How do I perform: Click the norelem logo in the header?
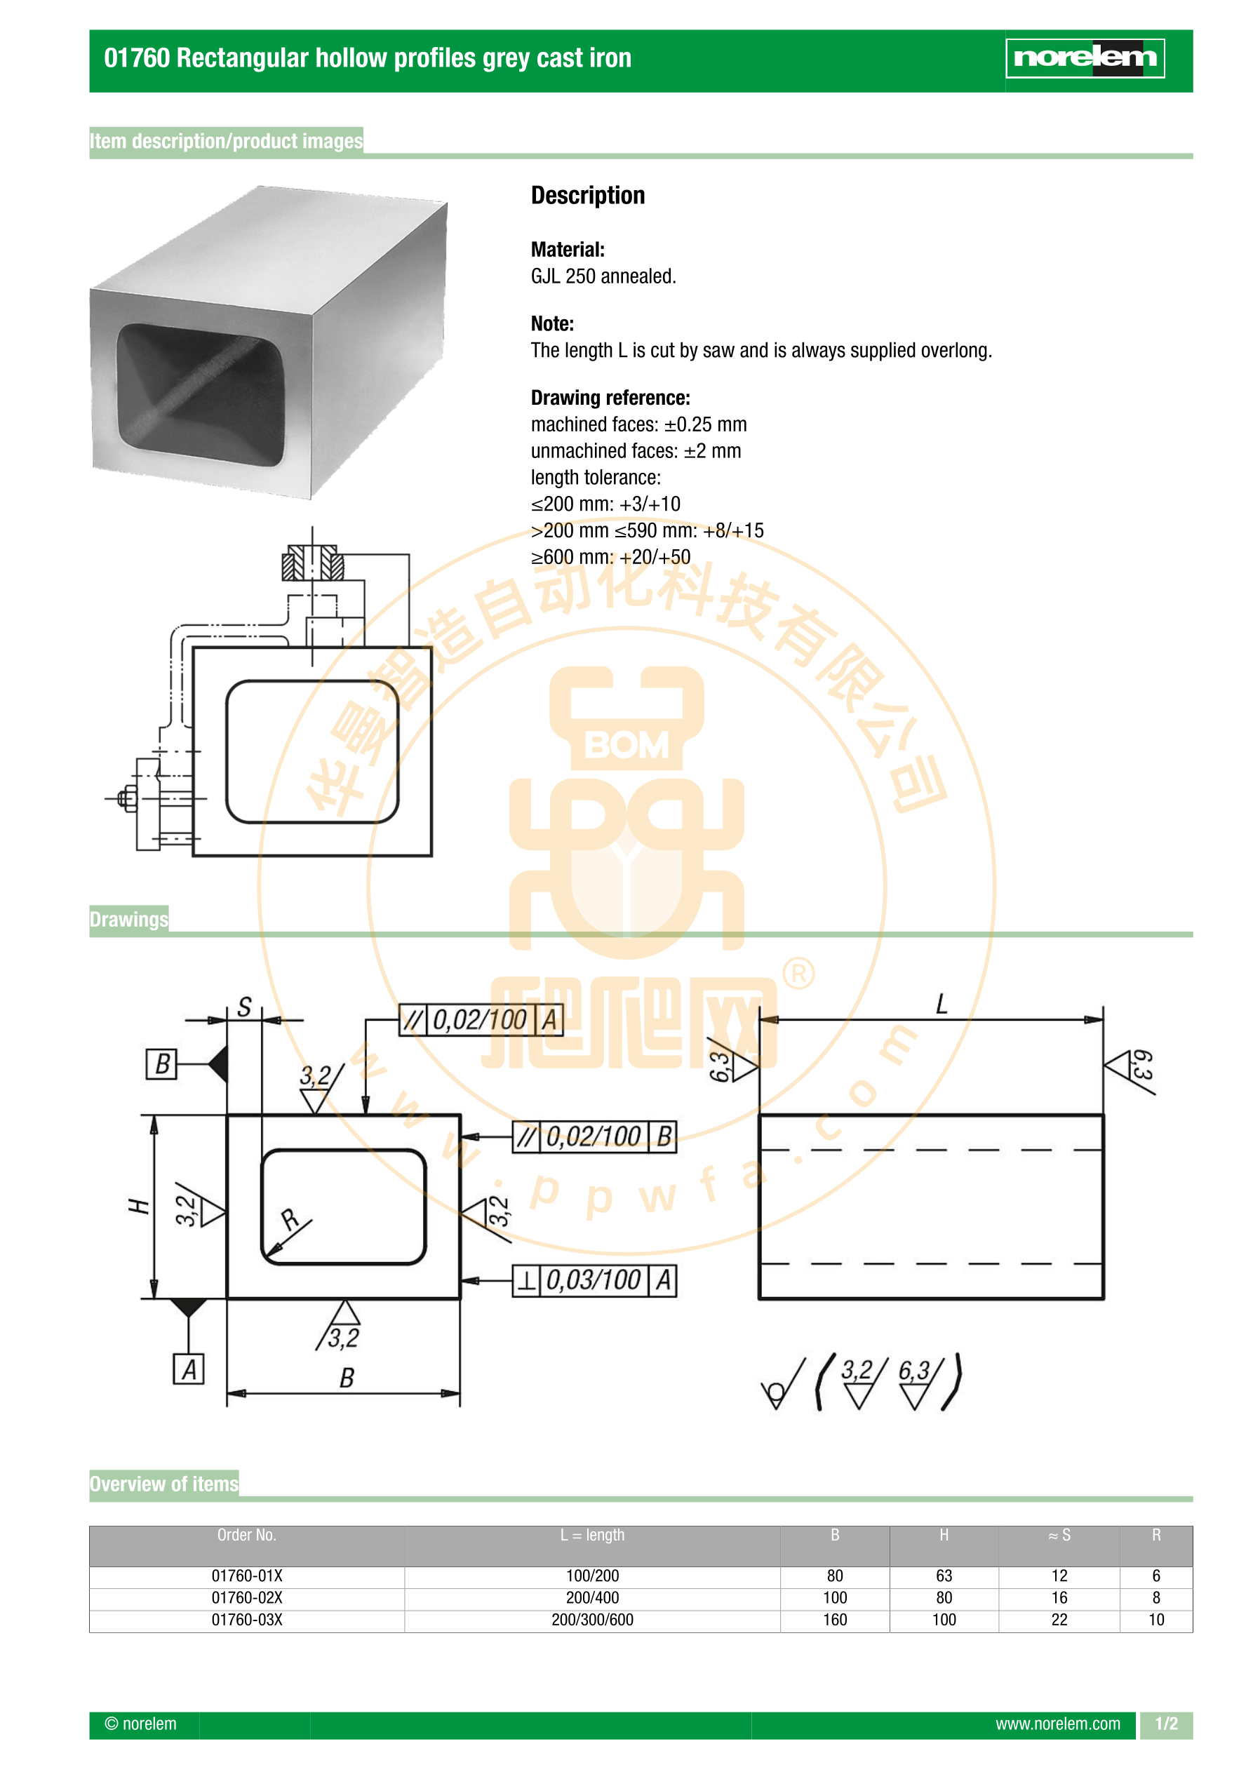[x=1085, y=58]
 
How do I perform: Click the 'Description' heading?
[x=587, y=195]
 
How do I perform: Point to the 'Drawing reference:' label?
[x=610, y=398]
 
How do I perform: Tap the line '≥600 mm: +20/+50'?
[x=610, y=556]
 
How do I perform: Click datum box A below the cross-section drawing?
[x=189, y=1369]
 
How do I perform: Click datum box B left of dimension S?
[x=161, y=1063]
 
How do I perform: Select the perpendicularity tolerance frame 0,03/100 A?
[x=594, y=1280]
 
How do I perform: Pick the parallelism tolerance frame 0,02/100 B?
[x=594, y=1137]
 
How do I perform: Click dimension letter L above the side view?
[x=941, y=1004]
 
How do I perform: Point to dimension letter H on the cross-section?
[x=138, y=1205]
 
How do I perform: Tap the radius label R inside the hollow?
[x=290, y=1219]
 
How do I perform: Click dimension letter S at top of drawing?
[x=244, y=1007]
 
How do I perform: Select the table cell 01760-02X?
[x=247, y=1597]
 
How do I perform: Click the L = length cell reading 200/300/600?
[x=592, y=1620]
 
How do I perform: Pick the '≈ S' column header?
[x=1059, y=1535]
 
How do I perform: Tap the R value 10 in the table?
[x=1155, y=1620]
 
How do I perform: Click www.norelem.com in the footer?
[x=1058, y=1724]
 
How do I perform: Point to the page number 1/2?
[x=1167, y=1724]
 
